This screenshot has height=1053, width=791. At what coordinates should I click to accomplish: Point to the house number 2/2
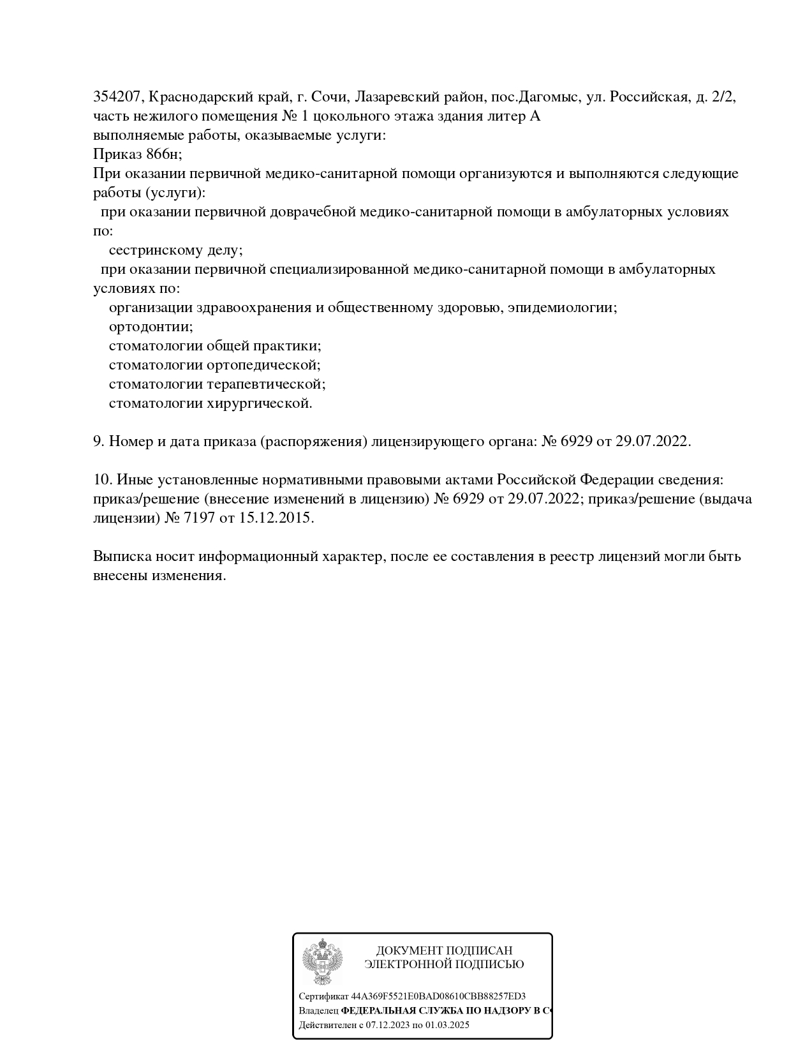tap(724, 97)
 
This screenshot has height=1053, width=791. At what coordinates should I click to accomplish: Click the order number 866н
tap(163, 154)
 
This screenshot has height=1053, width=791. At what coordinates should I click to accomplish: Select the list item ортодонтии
tap(151, 327)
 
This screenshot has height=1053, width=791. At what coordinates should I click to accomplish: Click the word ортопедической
tap(263, 365)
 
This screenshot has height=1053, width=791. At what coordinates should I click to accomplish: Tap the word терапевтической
tap(266, 384)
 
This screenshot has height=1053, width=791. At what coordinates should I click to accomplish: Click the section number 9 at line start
tap(98, 442)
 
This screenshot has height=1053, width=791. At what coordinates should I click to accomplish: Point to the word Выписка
tap(121, 556)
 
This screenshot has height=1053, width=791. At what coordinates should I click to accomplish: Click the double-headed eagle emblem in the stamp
tap(322, 962)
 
